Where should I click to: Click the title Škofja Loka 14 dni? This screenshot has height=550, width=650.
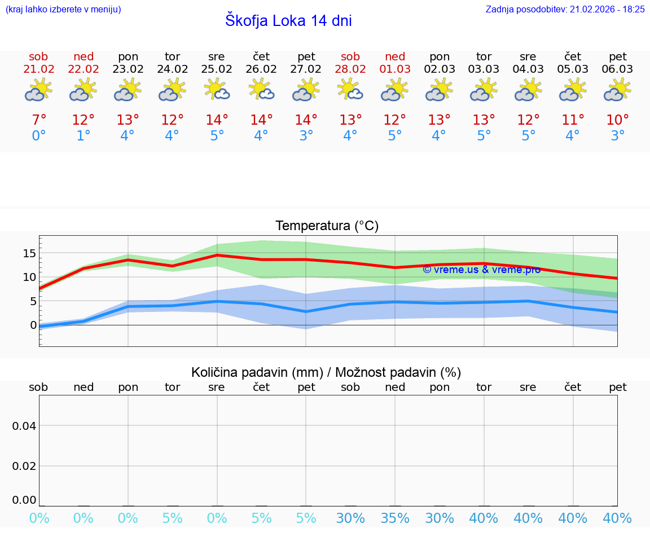tap(288, 21)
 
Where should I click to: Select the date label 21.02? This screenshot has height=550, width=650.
tap(38, 69)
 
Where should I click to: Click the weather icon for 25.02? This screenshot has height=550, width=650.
tap(217, 90)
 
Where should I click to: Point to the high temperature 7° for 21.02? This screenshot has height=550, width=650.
tap(38, 120)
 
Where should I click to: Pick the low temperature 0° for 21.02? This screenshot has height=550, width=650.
tap(38, 136)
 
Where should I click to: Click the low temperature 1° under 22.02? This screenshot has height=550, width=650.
tap(83, 136)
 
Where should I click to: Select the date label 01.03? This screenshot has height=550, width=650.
tap(395, 69)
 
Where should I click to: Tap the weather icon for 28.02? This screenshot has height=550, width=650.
tap(350, 90)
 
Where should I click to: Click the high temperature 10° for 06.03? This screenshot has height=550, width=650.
tap(618, 120)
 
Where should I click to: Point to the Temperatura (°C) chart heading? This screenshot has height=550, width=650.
tap(327, 226)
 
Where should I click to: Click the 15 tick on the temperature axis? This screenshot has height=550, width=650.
tap(29, 253)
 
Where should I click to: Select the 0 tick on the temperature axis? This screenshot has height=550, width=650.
tap(33, 325)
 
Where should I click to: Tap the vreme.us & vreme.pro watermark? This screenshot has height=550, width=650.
tap(481, 270)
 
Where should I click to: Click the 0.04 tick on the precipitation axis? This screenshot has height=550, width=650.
tap(24, 426)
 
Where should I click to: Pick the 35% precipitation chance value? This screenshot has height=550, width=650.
tap(395, 518)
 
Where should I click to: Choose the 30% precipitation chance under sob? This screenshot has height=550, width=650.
tap(350, 518)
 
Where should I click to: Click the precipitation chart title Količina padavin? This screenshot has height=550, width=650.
tap(326, 372)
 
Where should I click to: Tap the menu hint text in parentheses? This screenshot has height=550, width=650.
tap(63, 9)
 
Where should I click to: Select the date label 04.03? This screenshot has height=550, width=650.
tap(528, 69)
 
